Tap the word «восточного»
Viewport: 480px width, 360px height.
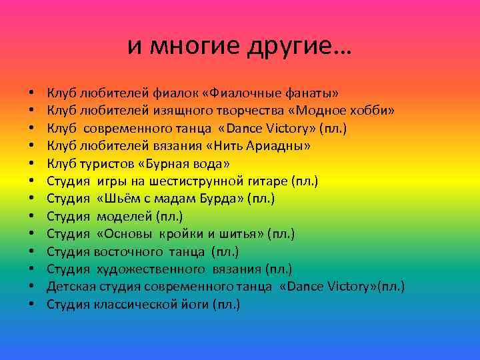pos(129,252)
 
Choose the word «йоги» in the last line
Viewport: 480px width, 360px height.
pos(196,305)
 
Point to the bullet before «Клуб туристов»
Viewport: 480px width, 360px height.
pos(31,163)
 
